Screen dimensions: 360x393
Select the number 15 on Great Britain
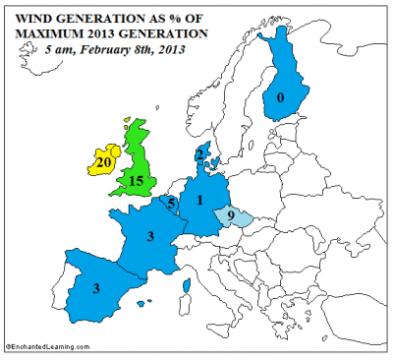(137, 181)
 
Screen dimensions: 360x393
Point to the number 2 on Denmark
(199, 154)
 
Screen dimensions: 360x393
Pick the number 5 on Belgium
(173, 204)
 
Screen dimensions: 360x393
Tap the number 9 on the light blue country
(230, 215)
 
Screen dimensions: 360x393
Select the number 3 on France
(149, 237)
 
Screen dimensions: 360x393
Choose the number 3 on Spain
(95, 289)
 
